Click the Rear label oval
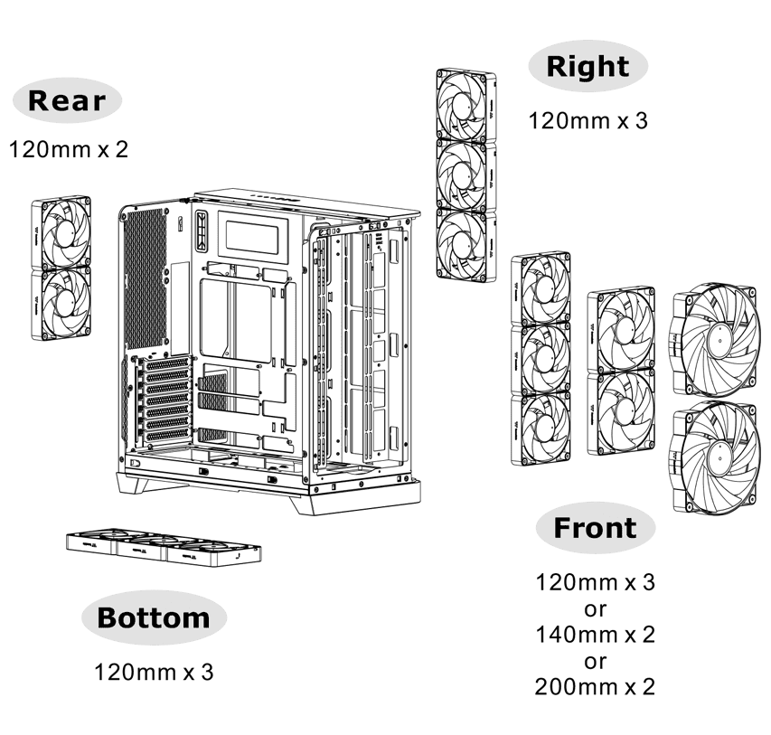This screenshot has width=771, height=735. click(67, 101)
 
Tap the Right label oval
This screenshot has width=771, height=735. click(588, 66)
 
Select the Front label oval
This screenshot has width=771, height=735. click(596, 528)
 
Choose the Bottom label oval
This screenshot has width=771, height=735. click(154, 618)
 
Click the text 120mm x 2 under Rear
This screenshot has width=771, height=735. click(69, 149)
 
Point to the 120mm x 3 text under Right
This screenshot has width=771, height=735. click(588, 120)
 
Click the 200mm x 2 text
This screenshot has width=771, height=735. click(595, 688)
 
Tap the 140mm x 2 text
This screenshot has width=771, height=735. click(595, 635)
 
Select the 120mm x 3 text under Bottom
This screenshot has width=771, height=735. click(155, 673)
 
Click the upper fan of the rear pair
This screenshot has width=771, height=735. click(61, 232)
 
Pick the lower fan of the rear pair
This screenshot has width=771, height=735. click(61, 305)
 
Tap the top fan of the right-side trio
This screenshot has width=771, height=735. click(465, 103)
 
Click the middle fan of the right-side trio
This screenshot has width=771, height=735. click(465, 173)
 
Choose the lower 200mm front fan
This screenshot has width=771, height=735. click(715, 457)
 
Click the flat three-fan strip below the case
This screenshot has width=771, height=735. click(164, 548)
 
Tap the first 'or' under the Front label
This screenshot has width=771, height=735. click(595, 608)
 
